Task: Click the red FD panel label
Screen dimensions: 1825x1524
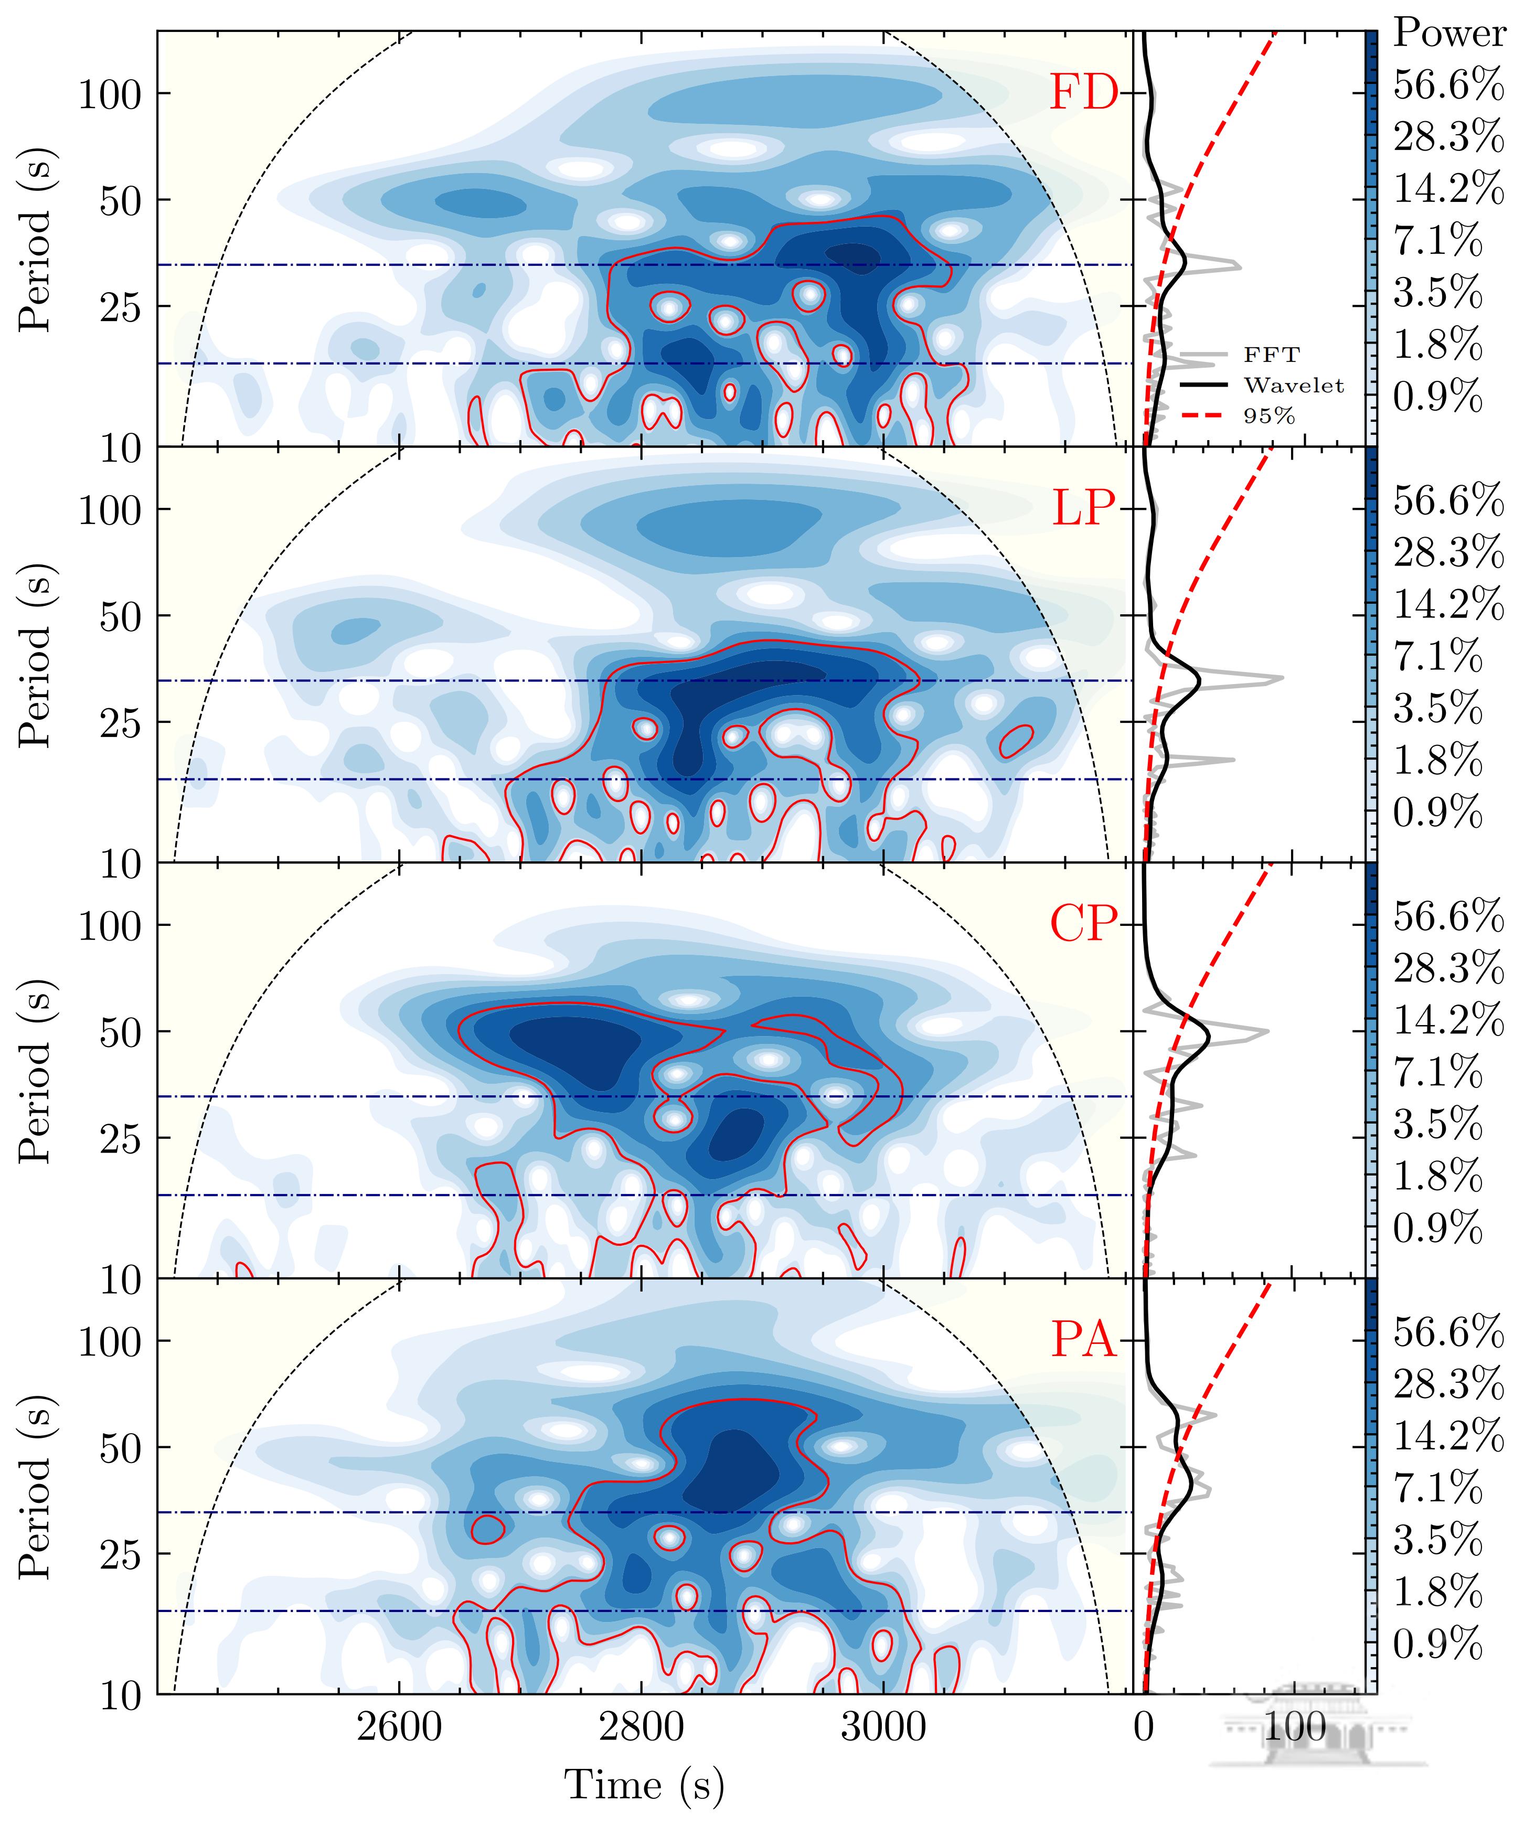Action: [1083, 93]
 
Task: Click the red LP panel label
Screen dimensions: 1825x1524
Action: [1083, 509]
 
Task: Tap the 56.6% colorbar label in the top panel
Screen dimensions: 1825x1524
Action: [1447, 85]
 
